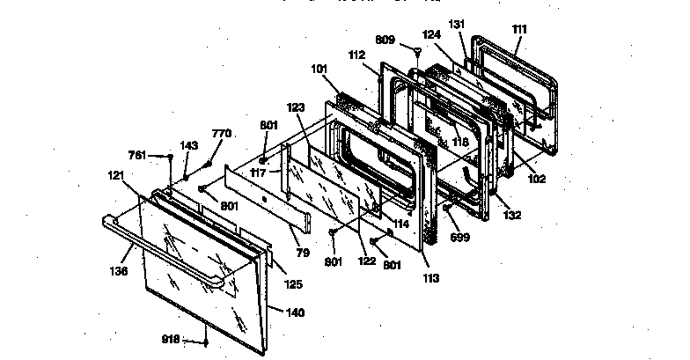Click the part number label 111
point(519,29)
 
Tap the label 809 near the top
point(385,40)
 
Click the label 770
point(222,133)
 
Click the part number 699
point(459,238)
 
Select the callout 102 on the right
point(537,180)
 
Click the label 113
point(429,279)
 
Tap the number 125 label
point(293,284)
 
